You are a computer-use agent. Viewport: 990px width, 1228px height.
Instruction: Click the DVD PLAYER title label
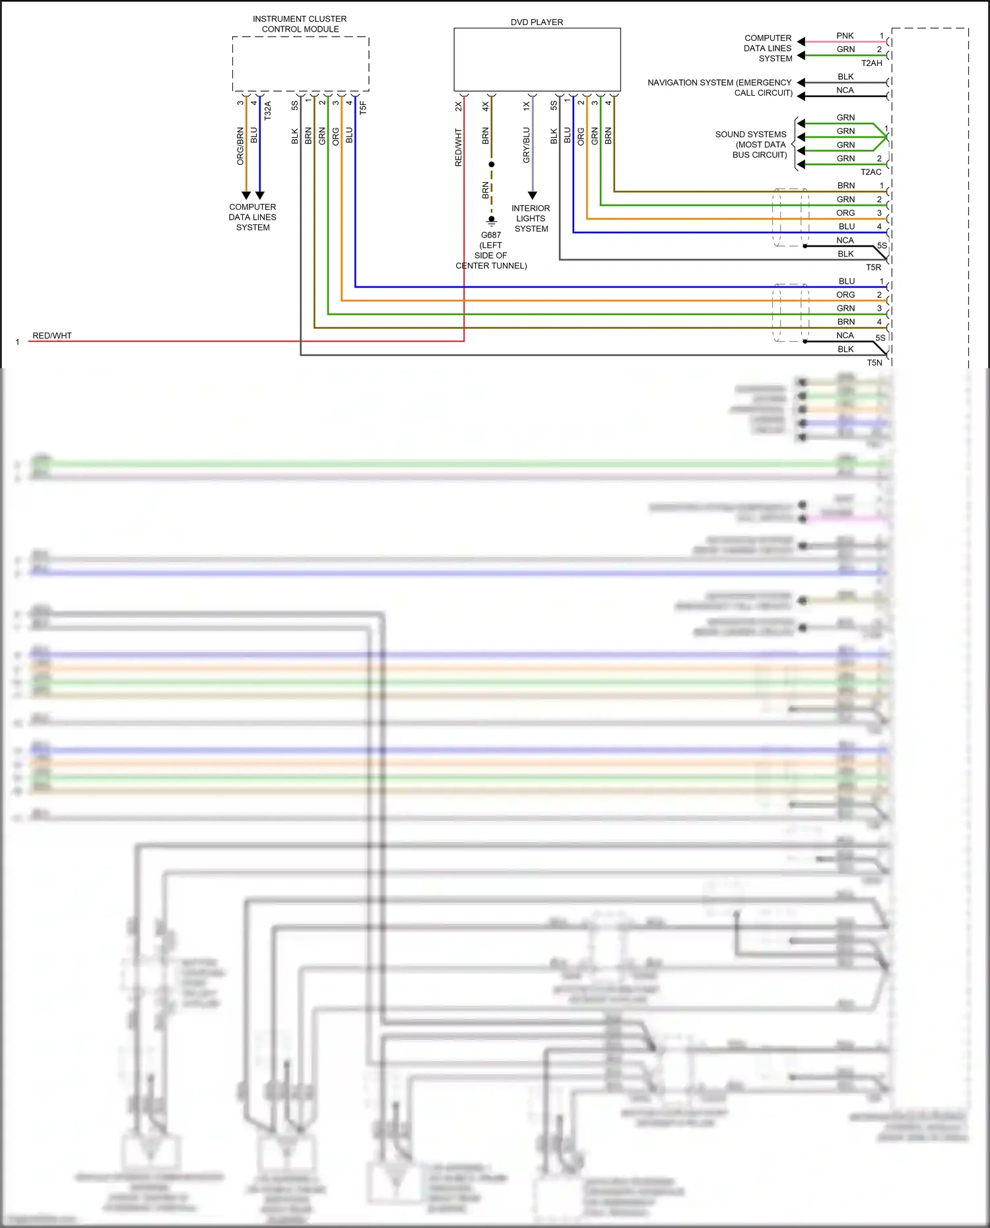point(537,22)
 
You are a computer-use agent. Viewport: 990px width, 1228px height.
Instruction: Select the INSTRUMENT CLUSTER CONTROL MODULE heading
point(300,24)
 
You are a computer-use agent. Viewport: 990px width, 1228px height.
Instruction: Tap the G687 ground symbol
point(491,222)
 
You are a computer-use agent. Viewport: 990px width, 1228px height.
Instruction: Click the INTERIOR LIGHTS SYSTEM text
point(531,218)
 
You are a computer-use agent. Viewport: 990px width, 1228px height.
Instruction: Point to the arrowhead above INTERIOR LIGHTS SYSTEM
point(533,195)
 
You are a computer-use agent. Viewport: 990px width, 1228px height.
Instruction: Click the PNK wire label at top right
point(845,36)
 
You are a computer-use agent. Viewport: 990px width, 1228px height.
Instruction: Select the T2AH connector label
point(871,63)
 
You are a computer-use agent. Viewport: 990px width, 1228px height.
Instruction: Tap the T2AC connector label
point(871,172)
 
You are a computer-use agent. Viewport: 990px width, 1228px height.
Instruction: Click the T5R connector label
point(873,267)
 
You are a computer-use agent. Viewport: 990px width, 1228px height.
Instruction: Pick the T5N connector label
point(874,363)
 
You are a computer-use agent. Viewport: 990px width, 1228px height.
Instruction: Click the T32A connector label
point(267,110)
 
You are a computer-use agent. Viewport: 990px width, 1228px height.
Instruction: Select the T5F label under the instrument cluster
point(362,108)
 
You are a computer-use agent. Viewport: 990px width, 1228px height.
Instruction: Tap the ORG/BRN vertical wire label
point(240,146)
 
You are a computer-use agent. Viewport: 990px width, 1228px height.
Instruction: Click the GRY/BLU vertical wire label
point(526,145)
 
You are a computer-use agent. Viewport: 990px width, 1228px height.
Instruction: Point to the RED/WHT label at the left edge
point(52,336)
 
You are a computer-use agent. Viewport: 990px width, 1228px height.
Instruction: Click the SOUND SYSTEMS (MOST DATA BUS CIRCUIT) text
point(752,145)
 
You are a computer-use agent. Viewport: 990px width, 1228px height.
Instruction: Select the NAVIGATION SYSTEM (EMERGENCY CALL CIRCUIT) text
point(720,87)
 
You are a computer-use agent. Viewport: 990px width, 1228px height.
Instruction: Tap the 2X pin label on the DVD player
point(458,106)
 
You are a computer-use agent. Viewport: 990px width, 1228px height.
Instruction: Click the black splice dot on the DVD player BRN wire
point(491,164)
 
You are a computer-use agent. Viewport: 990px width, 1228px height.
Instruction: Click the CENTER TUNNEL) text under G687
point(491,266)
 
